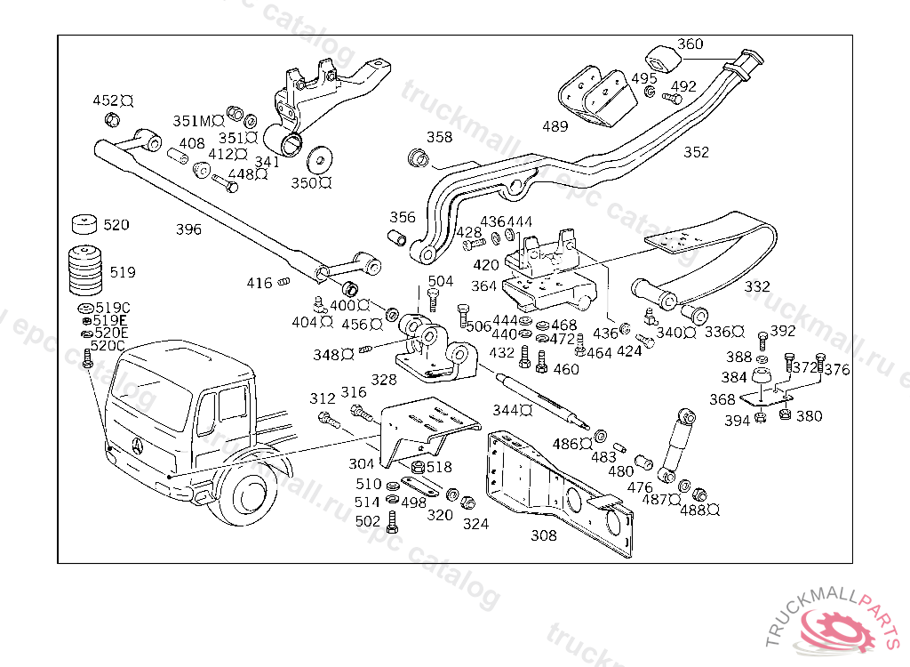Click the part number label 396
point(188,229)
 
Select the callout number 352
point(697,152)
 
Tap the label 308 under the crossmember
point(544,535)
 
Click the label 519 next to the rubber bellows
point(123,272)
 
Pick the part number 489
point(555,126)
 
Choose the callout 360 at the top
point(690,44)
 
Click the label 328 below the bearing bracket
point(384,380)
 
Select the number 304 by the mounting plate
point(361,464)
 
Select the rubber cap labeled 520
point(84,223)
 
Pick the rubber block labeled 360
point(662,58)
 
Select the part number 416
point(259,284)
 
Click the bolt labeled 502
point(394,525)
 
